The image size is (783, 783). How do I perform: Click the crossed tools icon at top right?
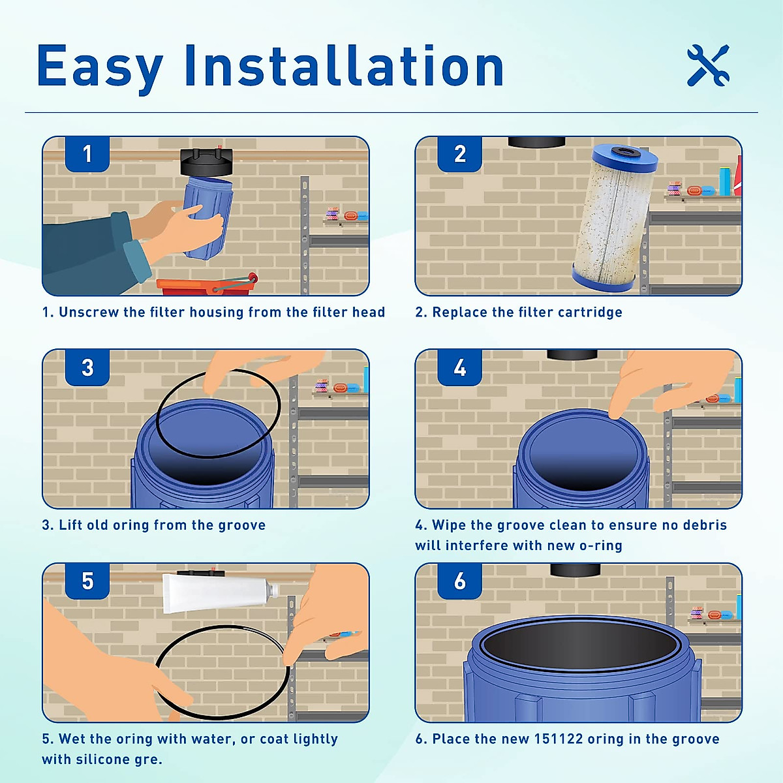(x=708, y=65)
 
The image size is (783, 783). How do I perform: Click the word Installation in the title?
(x=344, y=67)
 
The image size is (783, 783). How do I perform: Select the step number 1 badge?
(x=87, y=154)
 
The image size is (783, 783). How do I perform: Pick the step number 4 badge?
(x=460, y=367)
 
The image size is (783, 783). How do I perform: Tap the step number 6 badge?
(x=460, y=581)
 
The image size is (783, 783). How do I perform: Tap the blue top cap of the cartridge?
(x=624, y=157)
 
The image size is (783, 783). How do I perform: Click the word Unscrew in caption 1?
(x=89, y=312)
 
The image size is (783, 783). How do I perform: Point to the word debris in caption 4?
(x=704, y=525)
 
